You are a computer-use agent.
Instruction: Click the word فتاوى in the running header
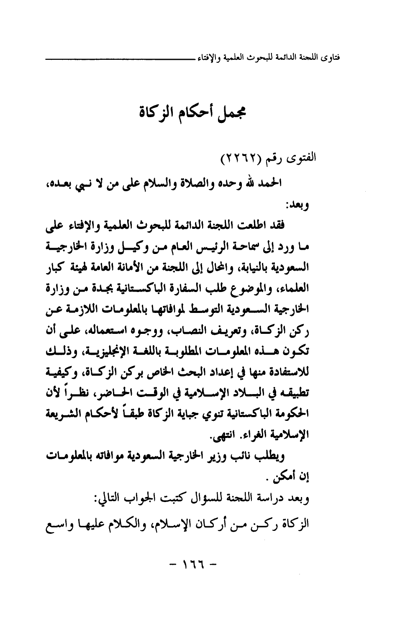pyautogui.click(x=330, y=57)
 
